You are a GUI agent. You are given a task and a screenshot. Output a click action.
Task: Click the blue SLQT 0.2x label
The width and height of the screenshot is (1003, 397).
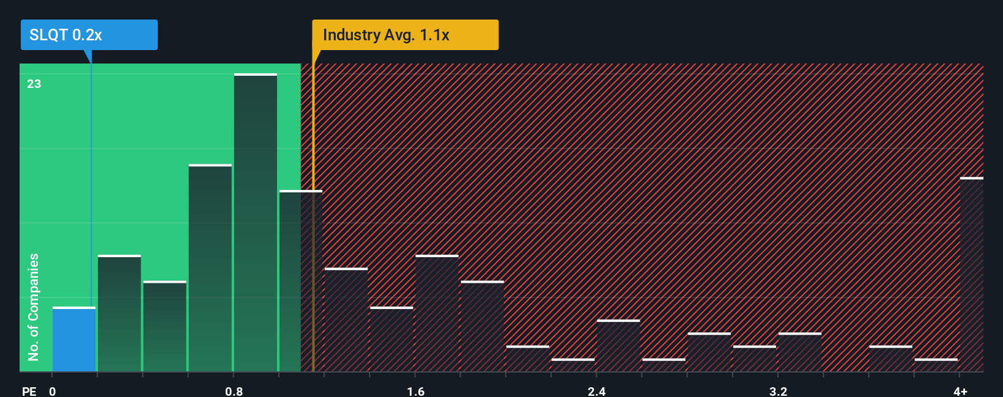pyautogui.click(x=89, y=35)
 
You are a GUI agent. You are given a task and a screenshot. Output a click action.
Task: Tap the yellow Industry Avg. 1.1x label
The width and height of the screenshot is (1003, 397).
pyautogui.click(x=405, y=35)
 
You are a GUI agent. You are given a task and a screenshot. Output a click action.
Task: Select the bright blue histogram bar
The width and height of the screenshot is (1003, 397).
pyautogui.click(x=74, y=340)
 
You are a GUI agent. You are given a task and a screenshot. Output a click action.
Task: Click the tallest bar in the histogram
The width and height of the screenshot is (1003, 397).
pyautogui.click(x=256, y=223)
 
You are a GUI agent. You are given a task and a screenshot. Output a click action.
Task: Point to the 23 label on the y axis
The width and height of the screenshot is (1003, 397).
pyautogui.click(x=34, y=84)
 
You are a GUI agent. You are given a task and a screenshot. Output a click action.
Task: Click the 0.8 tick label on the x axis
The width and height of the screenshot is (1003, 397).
pyautogui.click(x=234, y=391)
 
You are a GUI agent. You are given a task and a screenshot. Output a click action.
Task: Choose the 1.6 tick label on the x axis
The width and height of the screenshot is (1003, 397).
pyautogui.click(x=416, y=391)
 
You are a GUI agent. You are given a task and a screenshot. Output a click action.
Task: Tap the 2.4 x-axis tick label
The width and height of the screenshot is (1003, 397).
pyautogui.click(x=597, y=391)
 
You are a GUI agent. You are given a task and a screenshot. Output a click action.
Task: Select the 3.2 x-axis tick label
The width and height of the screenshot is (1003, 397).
pyautogui.click(x=778, y=391)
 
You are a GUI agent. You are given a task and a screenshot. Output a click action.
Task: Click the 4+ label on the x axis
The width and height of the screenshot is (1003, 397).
pyautogui.click(x=960, y=391)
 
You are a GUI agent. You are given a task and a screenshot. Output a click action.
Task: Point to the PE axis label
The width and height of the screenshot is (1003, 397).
pyautogui.click(x=29, y=391)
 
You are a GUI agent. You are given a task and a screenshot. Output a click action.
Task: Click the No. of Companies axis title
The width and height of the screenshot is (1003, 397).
pyautogui.click(x=34, y=307)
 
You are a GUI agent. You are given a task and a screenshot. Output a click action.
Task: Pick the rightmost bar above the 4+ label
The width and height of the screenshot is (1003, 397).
pyautogui.click(x=971, y=275)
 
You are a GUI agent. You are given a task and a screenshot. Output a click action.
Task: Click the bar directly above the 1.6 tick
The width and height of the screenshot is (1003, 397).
pyautogui.click(x=437, y=313)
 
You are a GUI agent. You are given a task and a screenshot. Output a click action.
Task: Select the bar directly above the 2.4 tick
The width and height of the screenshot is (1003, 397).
pyautogui.click(x=618, y=346)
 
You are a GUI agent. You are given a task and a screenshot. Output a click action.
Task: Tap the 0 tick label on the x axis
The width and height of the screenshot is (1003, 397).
pyautogui.click(x=53, y=391)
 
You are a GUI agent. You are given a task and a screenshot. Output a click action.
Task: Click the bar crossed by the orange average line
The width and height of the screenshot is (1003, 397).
pyautogui.click(x=301, y=281)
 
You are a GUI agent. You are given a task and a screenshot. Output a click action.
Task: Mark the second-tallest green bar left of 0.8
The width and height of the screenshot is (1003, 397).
pyautogui.click(x=210, y=268)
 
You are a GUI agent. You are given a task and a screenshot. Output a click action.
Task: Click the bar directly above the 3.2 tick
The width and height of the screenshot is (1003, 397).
pyautogui.click(x=800, y=352)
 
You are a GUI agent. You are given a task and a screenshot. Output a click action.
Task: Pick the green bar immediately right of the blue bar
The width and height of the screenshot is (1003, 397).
pyautogui.click(x=119, y=313)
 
